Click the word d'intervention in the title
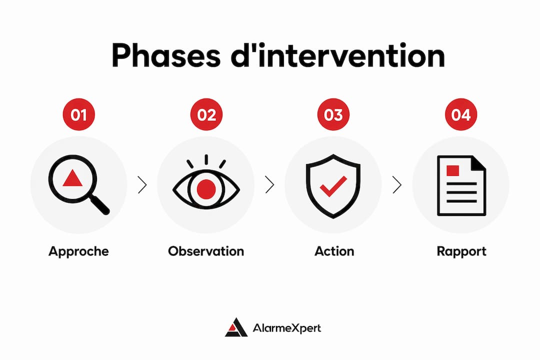[x=338, y=55]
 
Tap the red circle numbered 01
[x=79, y=114]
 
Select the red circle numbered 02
[x=206, y=114]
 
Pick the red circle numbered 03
[x=333, y=114]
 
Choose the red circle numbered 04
[x=461, y=114]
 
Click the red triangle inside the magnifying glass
[x=72, y=178]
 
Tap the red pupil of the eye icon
[x=206, y=189]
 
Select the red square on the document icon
[x=452, y=171]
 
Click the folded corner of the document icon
[x=479, y=162]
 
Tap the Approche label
[x=78, y=251]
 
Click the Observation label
[x=206, y=251]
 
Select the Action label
[x=334, y=251]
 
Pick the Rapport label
[x=461, y=251]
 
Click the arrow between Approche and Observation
[x=142, y=184]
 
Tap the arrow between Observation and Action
[x=269, y=184]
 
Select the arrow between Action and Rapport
[x=397, y=184]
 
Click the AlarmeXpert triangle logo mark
[x=236, y=327]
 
